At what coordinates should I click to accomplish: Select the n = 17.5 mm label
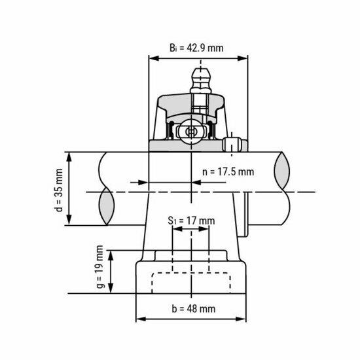tap(227, 171)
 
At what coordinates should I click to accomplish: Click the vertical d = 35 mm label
tap(58, 189)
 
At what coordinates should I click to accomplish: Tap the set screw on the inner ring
tap(234, 143)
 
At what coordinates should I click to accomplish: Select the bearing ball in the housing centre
tap(191, 131)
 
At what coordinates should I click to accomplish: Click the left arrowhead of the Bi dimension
tap(153, 58)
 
